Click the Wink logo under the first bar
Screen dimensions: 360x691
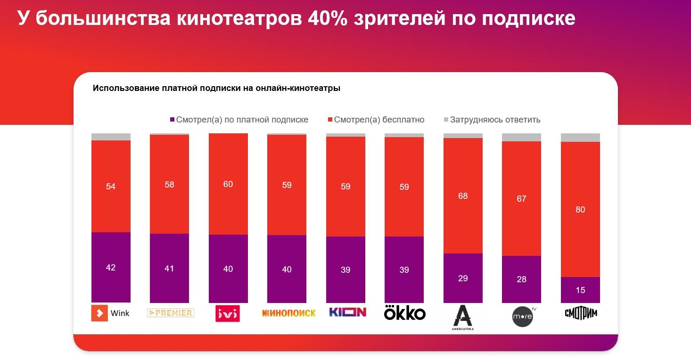pyautogui.click(x=110, y=313)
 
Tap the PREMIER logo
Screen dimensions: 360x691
pyautogui.click(x=170, y=313)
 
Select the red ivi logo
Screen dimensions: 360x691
pyautogui.click(x=228, y=314)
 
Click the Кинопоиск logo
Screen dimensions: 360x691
pyautogui.click(x=288, y=313)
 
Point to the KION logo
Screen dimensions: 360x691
pyautogui.click(x=347, y=312)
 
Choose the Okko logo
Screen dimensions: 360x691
pyautogui.click(x=404, y=313)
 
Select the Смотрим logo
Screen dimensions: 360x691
pyautogui.click(x=581, y=313)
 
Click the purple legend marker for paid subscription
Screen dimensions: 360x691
pyautogui.click(x=173, y=120)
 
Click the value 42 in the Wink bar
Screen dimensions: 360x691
pyautogui.click(x=111, y=268)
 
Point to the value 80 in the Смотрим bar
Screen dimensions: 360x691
pyautogui.click(x=580, y=210)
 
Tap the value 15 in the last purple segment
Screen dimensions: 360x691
pyautogui.click(x=580, y=290)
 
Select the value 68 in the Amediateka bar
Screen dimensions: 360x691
pyautogui.click(x=463, y=196)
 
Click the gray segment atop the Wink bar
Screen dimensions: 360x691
pyautogui.click(x=111, y=137)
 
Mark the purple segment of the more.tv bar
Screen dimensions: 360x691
pyautogui.click(x=521, y=279)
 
